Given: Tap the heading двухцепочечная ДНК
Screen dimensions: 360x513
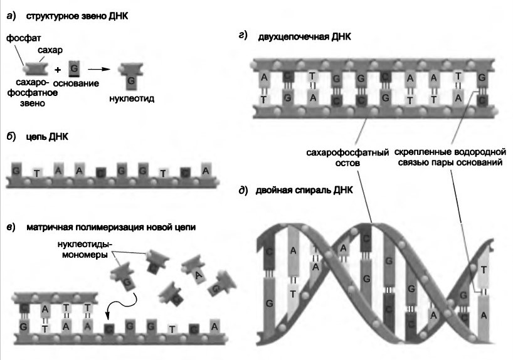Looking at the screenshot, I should (304, 38).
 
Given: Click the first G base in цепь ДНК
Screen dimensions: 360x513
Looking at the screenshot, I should (15, 169).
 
